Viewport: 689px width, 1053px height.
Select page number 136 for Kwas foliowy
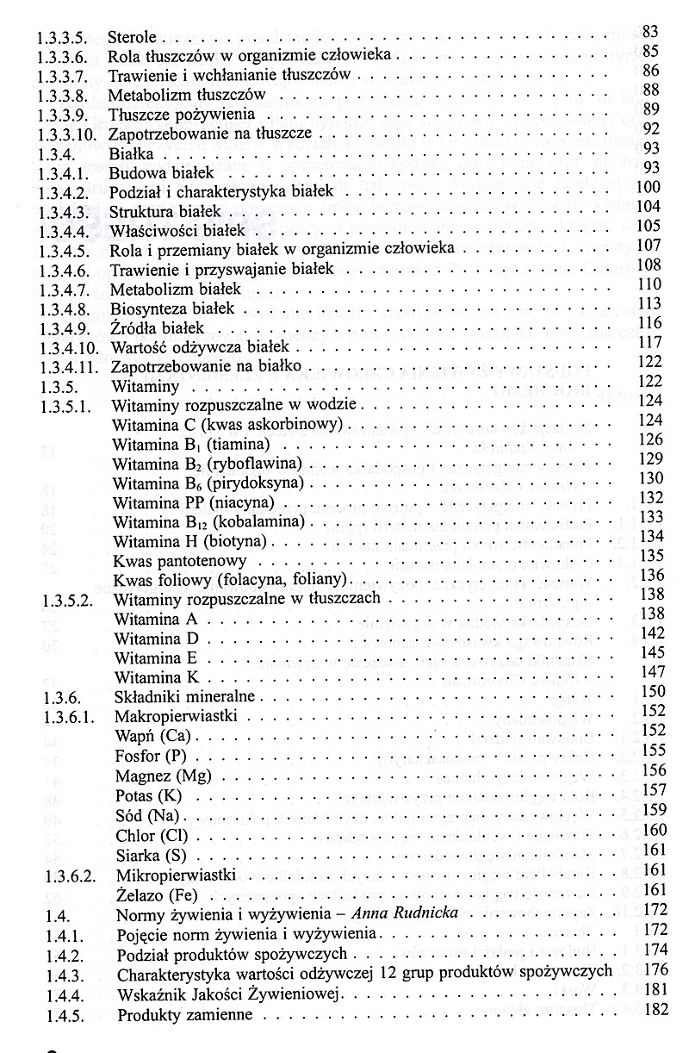tap(653, 576)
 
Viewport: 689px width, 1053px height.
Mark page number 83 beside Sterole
tap(650, 33)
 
